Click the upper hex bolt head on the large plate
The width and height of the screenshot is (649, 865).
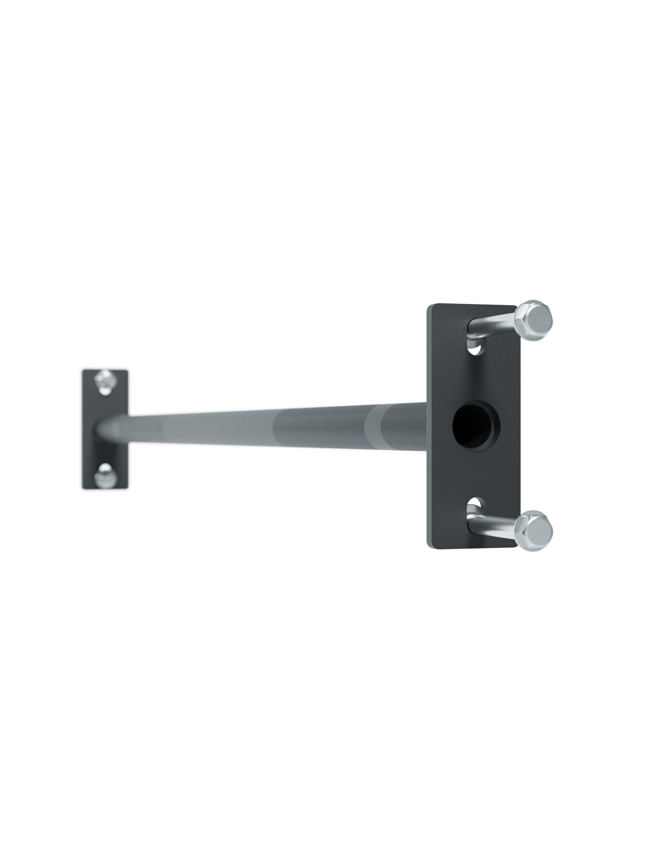tap(534, 320)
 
